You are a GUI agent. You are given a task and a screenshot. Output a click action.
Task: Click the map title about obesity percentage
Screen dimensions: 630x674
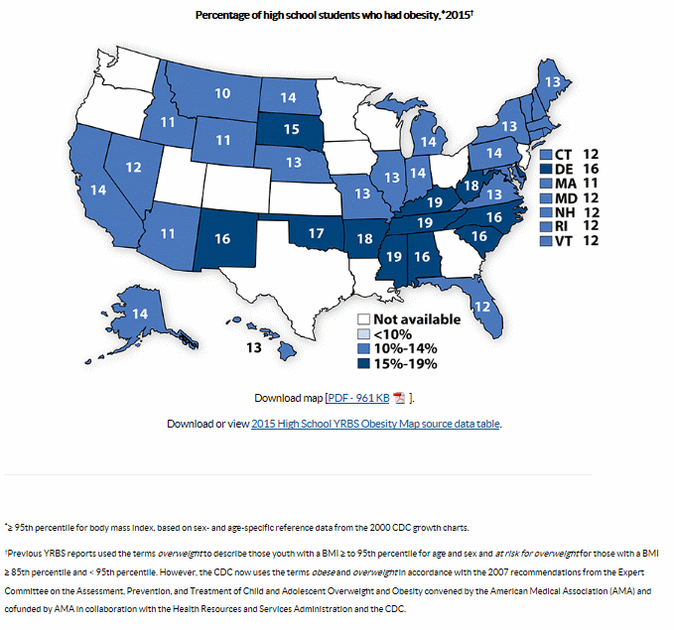pyautogui.click(x=332, y=15)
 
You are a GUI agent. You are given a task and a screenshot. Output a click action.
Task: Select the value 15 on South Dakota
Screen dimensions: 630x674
pyautogui.click(x=291, y=129)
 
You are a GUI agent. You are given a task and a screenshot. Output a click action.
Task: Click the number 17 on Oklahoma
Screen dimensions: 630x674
pyautogui.click(x=316, y=234)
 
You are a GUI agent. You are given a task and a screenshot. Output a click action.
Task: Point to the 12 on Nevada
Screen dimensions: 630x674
pyautogui.click(x=132, y=168)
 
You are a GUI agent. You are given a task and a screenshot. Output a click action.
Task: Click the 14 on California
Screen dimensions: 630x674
pyautogui.click(x=98, y=189)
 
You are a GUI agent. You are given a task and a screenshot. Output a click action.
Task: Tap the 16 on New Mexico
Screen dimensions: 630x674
pyautogui.click(x=221, y=238)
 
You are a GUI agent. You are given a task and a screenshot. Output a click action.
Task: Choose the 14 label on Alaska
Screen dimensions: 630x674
pyautogui.click(x=139, y=315)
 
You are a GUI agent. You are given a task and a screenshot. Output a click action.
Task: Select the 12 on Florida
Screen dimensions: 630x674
pyautogui.click(x=481, y=308)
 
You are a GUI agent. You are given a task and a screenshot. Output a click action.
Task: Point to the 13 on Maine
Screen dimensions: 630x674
pyautogui.click(x=553, y=81)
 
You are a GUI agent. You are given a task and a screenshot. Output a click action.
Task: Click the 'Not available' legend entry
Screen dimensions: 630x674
pyautogui.click(x=409, y=319)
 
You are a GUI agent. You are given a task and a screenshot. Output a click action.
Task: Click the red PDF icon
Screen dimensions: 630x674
pyautogui.click(x=399, y=398)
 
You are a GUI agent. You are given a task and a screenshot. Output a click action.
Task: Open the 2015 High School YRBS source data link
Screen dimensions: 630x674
pyautogui.click(x=375, y=424)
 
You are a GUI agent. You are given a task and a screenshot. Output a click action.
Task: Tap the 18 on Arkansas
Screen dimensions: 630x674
pyautogui.click(x=365, y=239)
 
